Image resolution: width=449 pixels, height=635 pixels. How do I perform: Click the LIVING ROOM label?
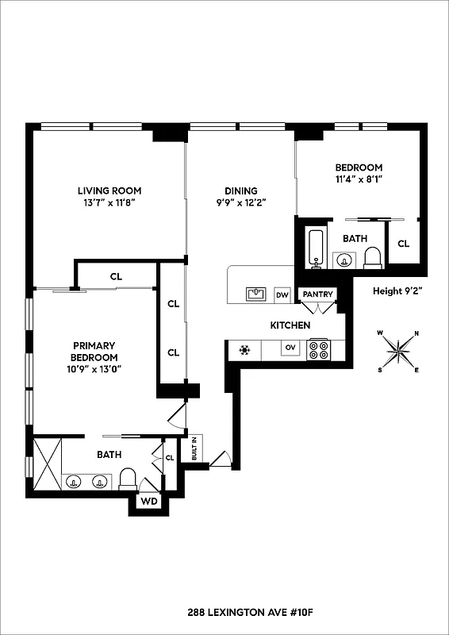coord(109,190)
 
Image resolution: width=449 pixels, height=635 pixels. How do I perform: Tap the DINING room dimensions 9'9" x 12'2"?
coord(240,202)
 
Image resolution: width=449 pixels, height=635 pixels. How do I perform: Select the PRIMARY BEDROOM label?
coord(94,351)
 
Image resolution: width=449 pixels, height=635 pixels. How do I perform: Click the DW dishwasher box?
coord(282,294)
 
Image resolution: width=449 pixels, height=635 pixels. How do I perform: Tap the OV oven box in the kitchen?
coord(290,348)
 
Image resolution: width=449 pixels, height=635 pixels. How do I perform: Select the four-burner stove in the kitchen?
coord(319,349)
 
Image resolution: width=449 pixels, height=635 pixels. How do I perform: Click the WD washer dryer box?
coord(148,502)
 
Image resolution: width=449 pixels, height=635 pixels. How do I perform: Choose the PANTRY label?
coord(317,294)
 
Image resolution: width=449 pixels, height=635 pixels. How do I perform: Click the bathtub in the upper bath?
coord(315,248)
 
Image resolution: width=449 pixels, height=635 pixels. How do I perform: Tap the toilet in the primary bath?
coord(128,479)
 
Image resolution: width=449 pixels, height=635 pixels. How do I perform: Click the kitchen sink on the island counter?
coord(256,294)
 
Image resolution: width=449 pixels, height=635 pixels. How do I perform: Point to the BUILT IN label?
coord(193,450)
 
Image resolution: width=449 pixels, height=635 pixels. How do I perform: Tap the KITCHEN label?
coord(290,325)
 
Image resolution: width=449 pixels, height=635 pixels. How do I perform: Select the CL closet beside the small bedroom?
coord(403,244)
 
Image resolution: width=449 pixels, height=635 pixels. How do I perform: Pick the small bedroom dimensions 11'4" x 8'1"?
coord(359,179)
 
